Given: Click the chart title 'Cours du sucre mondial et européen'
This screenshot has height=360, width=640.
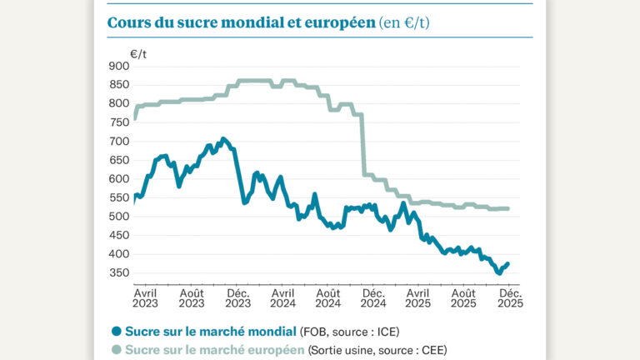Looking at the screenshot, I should [x=241, y=22].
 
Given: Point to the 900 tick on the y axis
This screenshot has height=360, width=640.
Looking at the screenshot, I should [x=117, y=66].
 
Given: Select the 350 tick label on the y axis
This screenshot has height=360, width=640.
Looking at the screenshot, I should [x=117, y=273].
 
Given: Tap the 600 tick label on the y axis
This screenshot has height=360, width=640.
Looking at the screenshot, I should [x=117, y=179].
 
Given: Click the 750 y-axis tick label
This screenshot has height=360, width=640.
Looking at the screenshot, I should [x=117, y=122].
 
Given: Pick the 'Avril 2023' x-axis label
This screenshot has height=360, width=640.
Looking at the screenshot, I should [x=147, y=299].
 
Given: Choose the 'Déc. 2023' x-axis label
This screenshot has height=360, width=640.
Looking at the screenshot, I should [x=237, y=299].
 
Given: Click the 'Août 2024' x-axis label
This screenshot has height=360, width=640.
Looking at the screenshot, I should [x=327, y=299].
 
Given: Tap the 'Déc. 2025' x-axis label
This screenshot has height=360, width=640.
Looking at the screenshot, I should [x=509, y=299].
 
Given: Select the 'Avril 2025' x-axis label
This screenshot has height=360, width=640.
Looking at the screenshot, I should [x=418, y=299].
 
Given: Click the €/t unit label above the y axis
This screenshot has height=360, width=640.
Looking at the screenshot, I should [x=138, y=53].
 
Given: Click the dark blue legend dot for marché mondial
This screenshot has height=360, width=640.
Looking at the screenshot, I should [x=117, y=331].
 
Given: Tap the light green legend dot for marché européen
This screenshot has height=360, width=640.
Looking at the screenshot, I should [x=117, y=349].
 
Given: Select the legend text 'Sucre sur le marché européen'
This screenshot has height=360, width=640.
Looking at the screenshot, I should [x=215, y=349].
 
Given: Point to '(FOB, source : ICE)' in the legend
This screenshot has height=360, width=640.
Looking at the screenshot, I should [x=352, y=331].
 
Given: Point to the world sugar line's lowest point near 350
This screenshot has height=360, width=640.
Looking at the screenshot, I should [x=498, y=272].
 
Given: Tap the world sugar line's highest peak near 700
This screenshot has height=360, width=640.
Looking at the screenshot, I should [x=222, y=139].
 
